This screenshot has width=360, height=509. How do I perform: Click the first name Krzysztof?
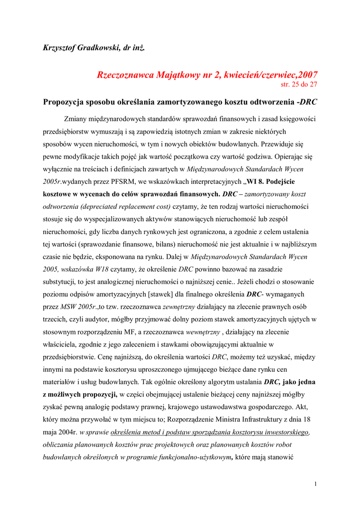coord(60,48)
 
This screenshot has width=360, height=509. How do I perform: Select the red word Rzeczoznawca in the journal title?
coord(126,75)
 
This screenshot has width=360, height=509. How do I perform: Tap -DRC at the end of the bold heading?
coord(306,101)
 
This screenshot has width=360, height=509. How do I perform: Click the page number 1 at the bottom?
coord(316,484)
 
